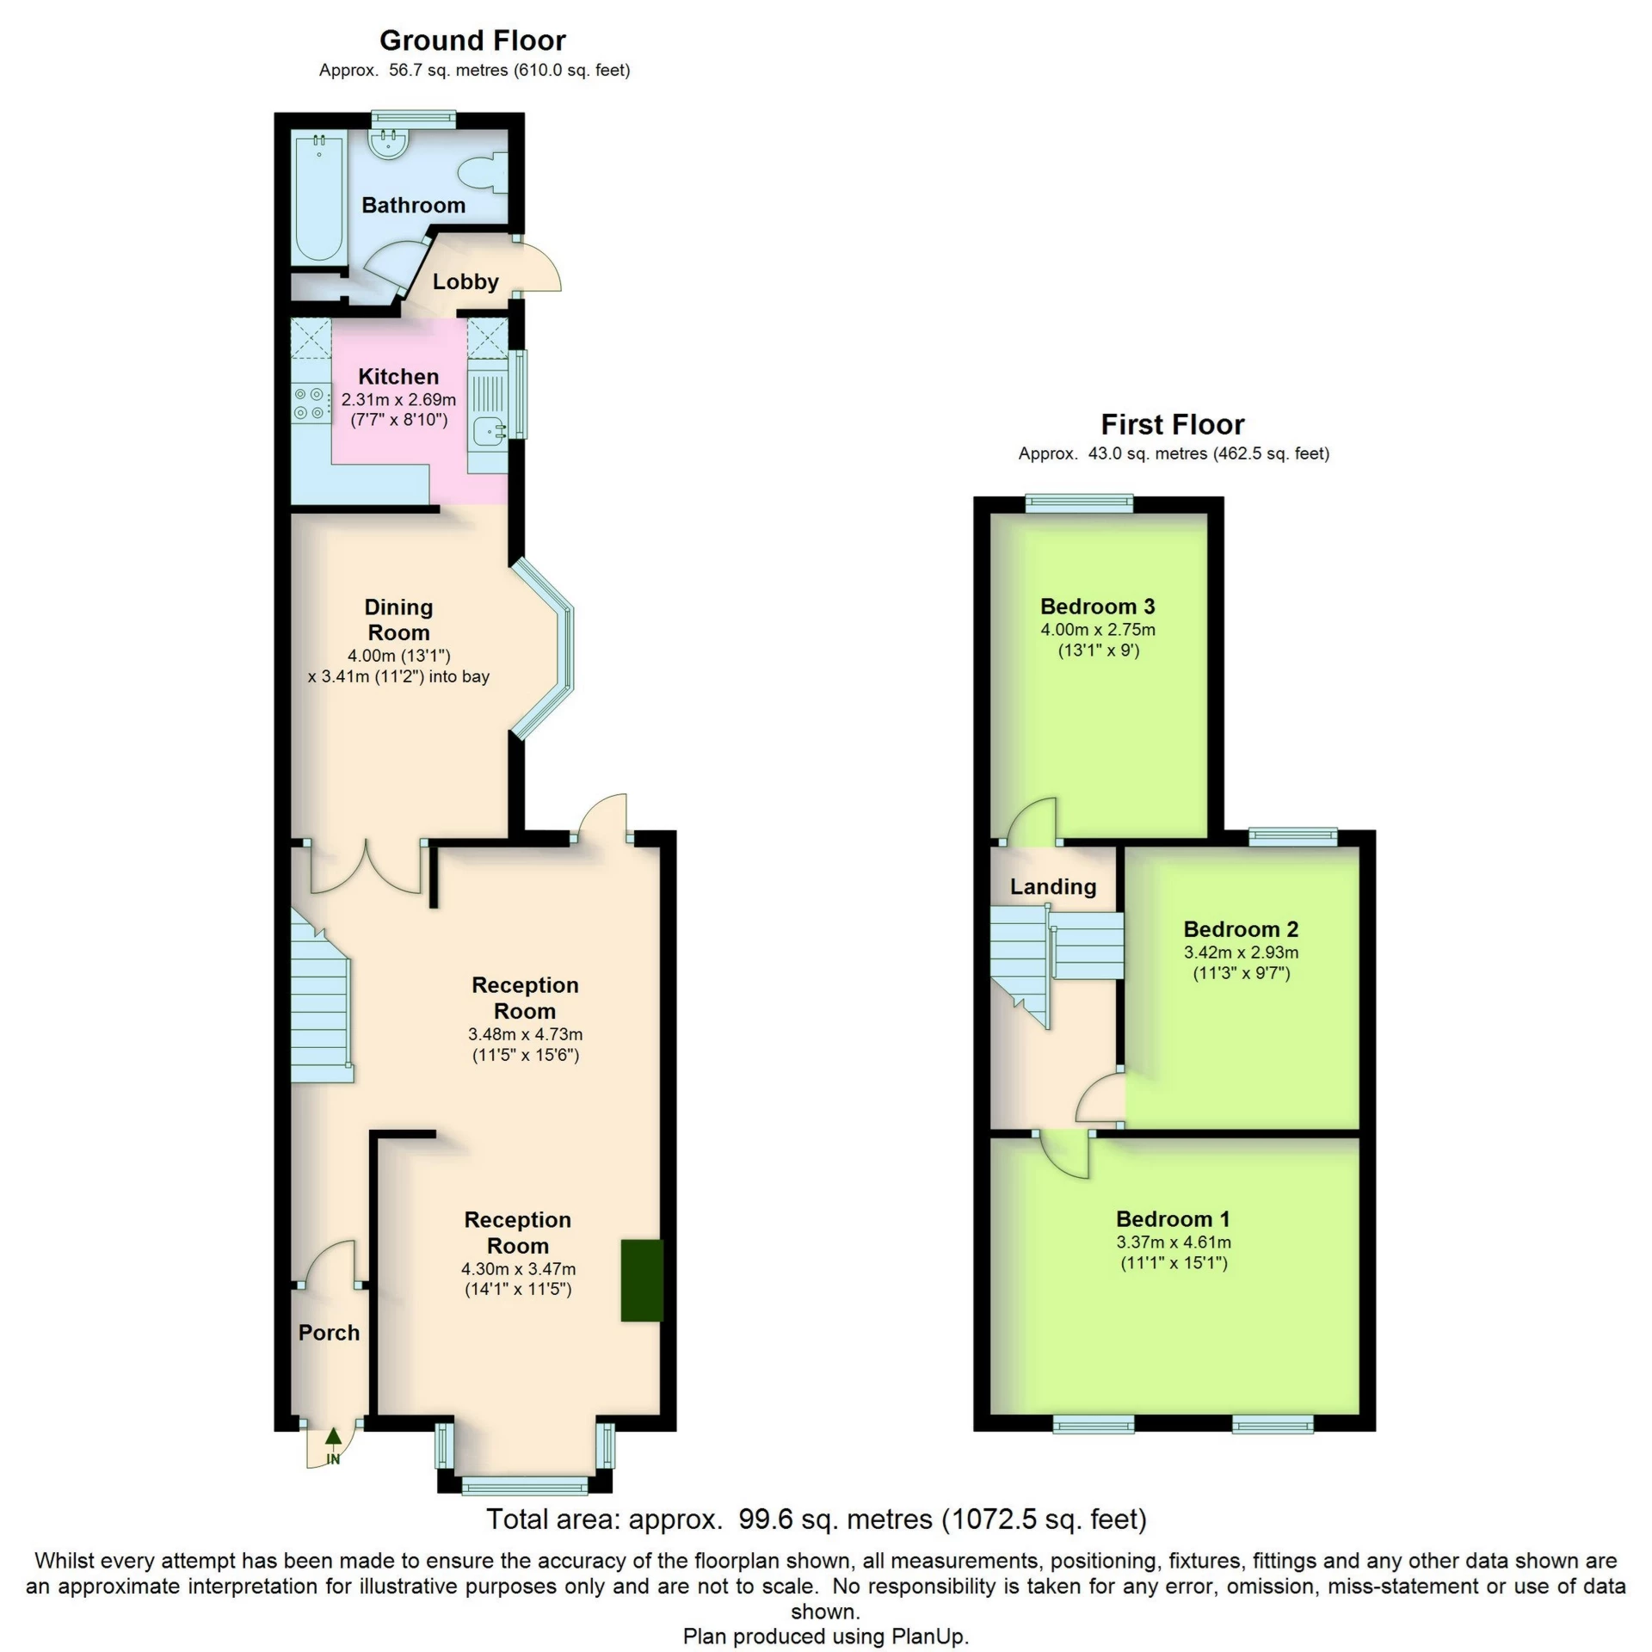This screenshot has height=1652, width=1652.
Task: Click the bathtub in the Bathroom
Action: [x=318, y=200]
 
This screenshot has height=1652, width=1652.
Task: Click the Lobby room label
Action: [x=465, y=281]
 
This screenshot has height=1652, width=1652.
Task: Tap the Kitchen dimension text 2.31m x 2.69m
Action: [x=398, y=399]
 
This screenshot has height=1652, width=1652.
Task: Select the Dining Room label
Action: [x=398, y=619]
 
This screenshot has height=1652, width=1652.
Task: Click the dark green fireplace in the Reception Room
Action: [x=642, y=1279]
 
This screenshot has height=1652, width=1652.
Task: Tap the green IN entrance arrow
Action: [x=333, y=1438]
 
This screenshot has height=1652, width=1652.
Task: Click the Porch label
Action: [x=329, y=1332]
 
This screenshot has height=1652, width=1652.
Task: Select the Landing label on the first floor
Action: [x=1053, y=886]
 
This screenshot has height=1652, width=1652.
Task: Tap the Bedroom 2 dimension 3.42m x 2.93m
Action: [x=1241, y=952]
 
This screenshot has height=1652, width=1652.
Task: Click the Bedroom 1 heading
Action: [x=1173, y=1218]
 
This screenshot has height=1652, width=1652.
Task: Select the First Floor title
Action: [x=1173, y=424]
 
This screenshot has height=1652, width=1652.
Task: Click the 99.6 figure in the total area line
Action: [x=767, y=1519]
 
